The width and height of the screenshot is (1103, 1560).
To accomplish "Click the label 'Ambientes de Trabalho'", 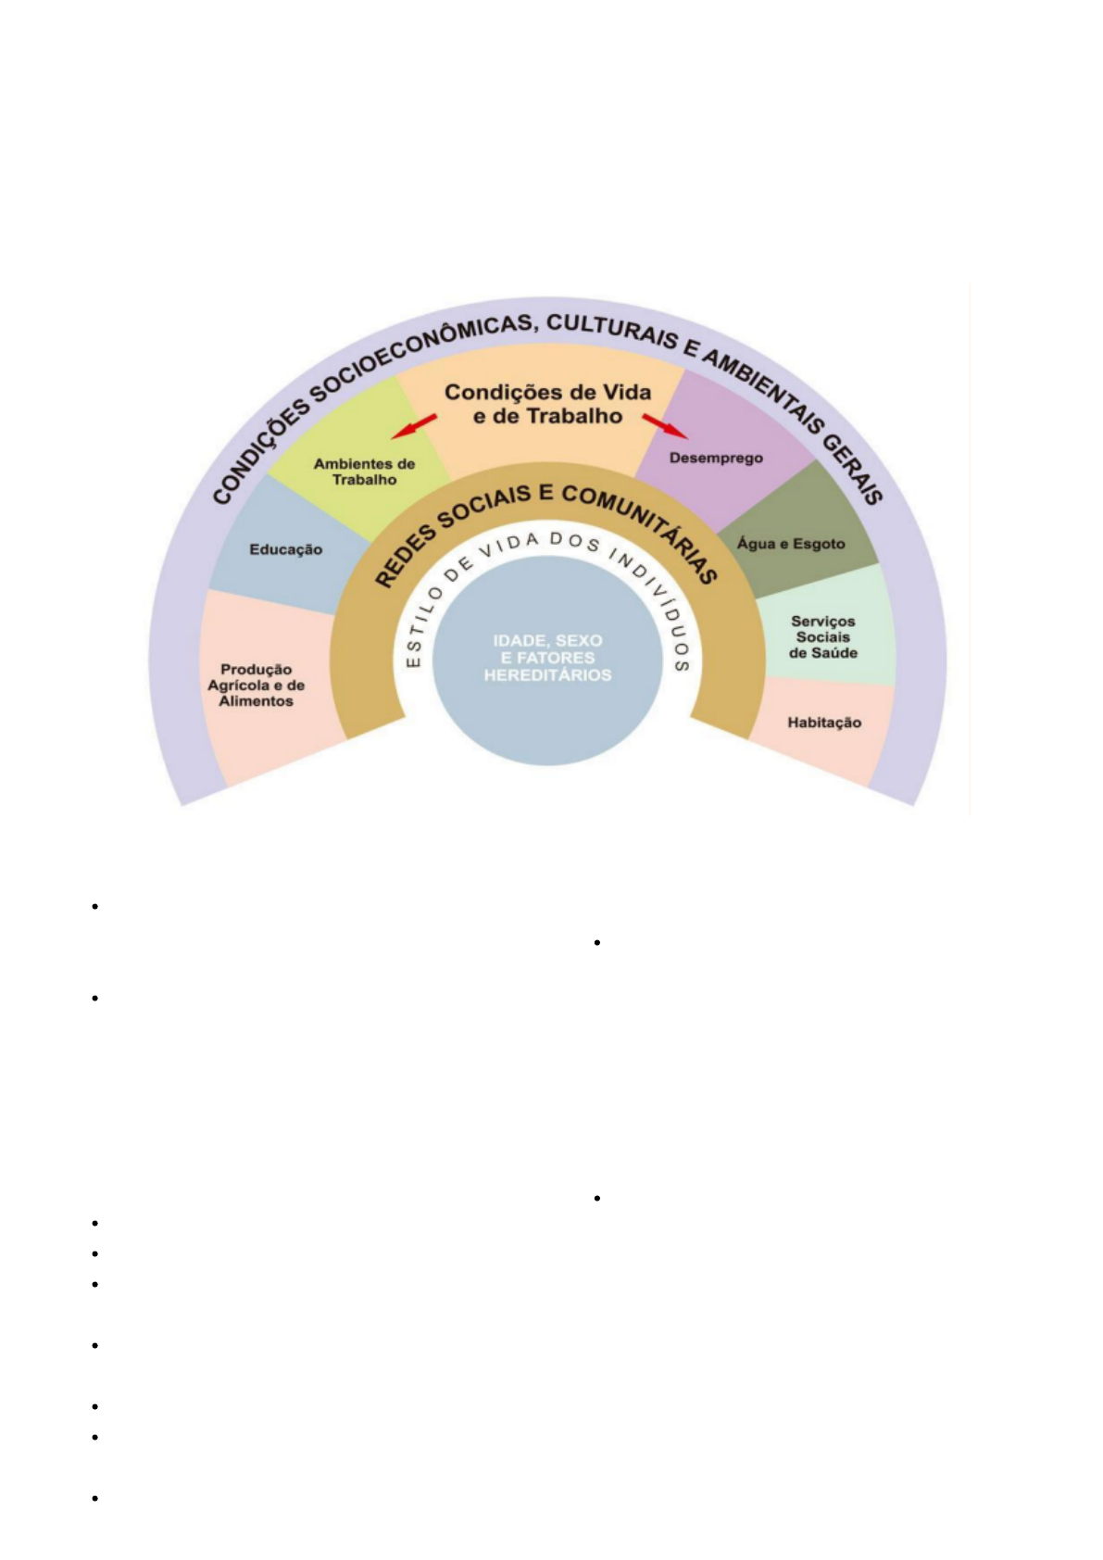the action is pos(364,472).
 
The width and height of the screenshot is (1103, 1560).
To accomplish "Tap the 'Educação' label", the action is pos(285,549).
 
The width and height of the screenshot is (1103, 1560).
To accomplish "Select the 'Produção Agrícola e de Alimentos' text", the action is pos(256,686).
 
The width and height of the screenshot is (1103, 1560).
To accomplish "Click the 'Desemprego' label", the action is pos(716,458).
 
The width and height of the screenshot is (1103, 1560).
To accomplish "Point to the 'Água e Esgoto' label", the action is pos(791,544).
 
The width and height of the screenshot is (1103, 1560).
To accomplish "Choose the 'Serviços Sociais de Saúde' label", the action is pos(822,637).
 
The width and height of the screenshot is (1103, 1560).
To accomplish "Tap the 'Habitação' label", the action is pos(824,723).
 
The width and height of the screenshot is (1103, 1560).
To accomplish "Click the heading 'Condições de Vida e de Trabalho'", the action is pos(547,404).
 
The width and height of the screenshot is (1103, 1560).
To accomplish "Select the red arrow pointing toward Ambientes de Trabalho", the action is pos(413,426).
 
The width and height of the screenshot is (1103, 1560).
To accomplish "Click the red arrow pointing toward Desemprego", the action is pos(666,426).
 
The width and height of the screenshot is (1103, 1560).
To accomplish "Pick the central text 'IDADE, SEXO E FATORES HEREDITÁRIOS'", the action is pos(547,658).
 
